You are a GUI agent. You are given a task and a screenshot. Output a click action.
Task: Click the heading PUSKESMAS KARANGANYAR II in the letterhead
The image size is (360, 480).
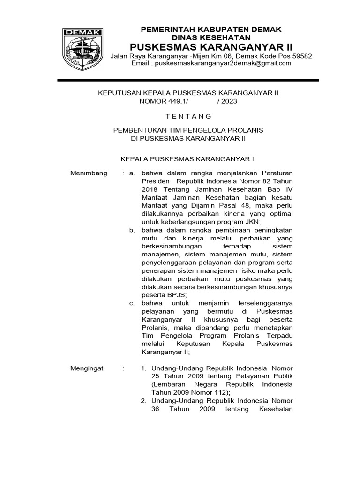(211, 47)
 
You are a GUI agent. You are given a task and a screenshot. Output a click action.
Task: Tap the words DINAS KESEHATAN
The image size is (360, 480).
(211, 37)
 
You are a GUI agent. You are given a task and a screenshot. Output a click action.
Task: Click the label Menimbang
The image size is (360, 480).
(89, 173)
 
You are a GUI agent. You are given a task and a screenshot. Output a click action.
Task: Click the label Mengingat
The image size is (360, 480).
(87, 368)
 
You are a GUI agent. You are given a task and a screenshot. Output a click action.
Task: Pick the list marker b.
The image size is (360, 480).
(132, 230)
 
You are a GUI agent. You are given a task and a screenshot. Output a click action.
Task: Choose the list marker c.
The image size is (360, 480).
(132, 303)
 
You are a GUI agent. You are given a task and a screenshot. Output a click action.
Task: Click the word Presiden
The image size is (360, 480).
(155, 181)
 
